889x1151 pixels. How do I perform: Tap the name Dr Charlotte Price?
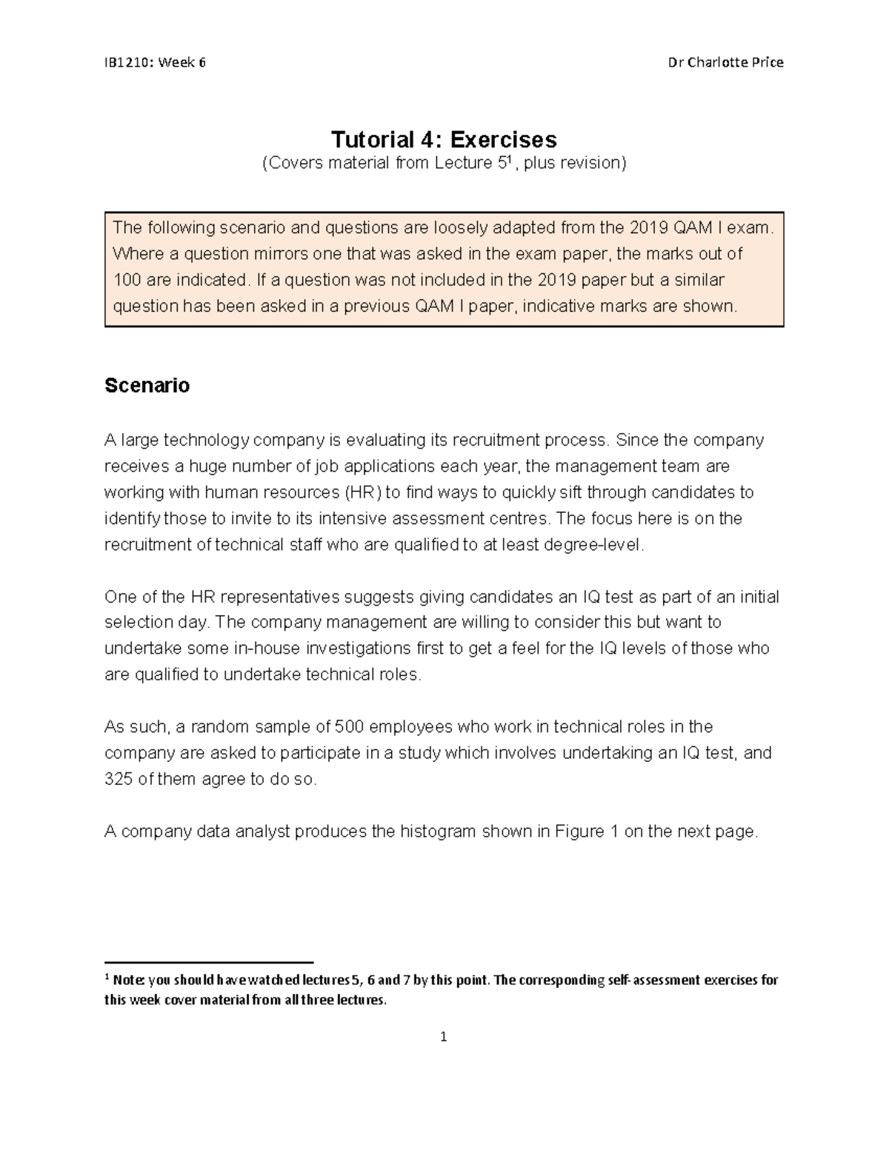coord(726,62)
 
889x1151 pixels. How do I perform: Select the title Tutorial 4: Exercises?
coord(444,139)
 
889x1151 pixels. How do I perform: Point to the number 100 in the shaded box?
coord(127,280)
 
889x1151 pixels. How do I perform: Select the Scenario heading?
coord(147,385)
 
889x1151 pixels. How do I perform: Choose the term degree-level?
coord(594,545)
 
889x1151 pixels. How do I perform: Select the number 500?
coord(349,727)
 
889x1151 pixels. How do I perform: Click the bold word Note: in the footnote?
coord(130,980)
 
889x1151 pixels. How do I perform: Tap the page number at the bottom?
coord(444,1037)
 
